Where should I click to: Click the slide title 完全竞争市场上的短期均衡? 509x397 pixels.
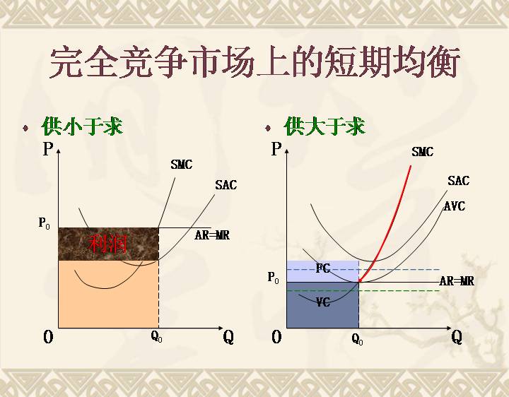pos(255,62)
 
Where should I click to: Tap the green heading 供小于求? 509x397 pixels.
pos(82,126)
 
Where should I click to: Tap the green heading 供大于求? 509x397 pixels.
pos(324,126)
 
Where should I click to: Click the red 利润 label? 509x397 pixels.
pos(107,243)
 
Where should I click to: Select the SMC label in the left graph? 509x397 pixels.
pos(182,165)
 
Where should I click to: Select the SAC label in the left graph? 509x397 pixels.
pos(226,185)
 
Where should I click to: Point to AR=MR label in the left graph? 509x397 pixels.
pos(212,235)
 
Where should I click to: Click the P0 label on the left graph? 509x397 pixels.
pos(44,223)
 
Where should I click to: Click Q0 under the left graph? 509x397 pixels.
pos(156,337)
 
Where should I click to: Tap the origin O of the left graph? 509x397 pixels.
pos(48,338)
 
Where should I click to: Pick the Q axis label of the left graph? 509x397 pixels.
pos(228,338)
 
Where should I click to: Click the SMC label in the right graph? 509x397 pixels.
pos(422,151)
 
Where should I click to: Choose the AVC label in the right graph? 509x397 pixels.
pos(455,206)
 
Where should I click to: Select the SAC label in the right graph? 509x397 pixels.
pos(458,180)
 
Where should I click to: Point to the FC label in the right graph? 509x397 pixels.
pos(323,268)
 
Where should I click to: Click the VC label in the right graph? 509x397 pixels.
pos(323,302)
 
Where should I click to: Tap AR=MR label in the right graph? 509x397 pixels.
pos(457,281)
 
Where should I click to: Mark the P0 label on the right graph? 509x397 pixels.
pos(273,278)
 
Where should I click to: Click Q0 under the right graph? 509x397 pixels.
pos(358,339)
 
